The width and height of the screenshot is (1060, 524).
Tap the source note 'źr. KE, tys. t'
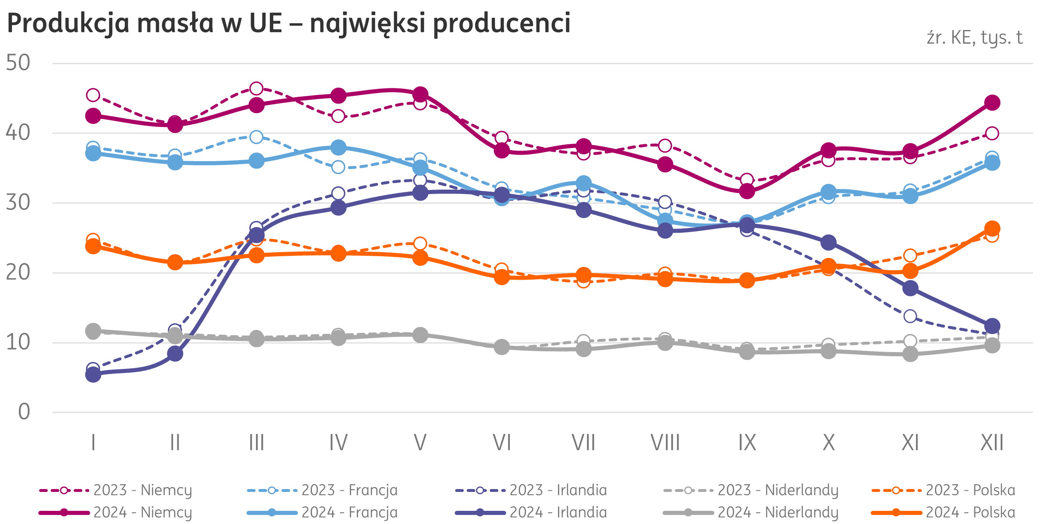(x=974, y=38)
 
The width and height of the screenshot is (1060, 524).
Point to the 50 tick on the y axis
(x=18, y=63)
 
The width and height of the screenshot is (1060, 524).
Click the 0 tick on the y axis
(x=24, y=412)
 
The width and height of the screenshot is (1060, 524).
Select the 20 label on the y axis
(x=18, y=272)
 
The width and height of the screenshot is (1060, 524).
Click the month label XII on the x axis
(x=992, y=443)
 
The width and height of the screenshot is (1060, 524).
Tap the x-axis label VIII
(x=665, y=443)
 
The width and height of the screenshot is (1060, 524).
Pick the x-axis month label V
(x=420, y=443)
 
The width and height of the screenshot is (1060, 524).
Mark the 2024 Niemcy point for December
(x=992, y=102)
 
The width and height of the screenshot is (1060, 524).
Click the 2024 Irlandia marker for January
(x=93, y=375)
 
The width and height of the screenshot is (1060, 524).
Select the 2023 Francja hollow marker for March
(x=256, y=137)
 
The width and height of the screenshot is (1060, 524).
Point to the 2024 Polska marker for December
(x=992, y=228)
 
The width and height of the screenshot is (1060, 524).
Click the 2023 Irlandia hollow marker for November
(x=910, y=316)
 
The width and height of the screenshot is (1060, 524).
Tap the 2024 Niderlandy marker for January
(x=93, y=331)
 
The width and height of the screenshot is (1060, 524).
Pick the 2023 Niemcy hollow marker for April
(x=338, y=116)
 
